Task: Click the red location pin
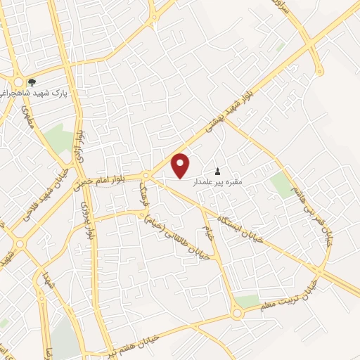(181, 165)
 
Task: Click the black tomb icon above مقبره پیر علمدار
(217, 171)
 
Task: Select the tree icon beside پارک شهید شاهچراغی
(31, 82)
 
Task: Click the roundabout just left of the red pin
(146, 175)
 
